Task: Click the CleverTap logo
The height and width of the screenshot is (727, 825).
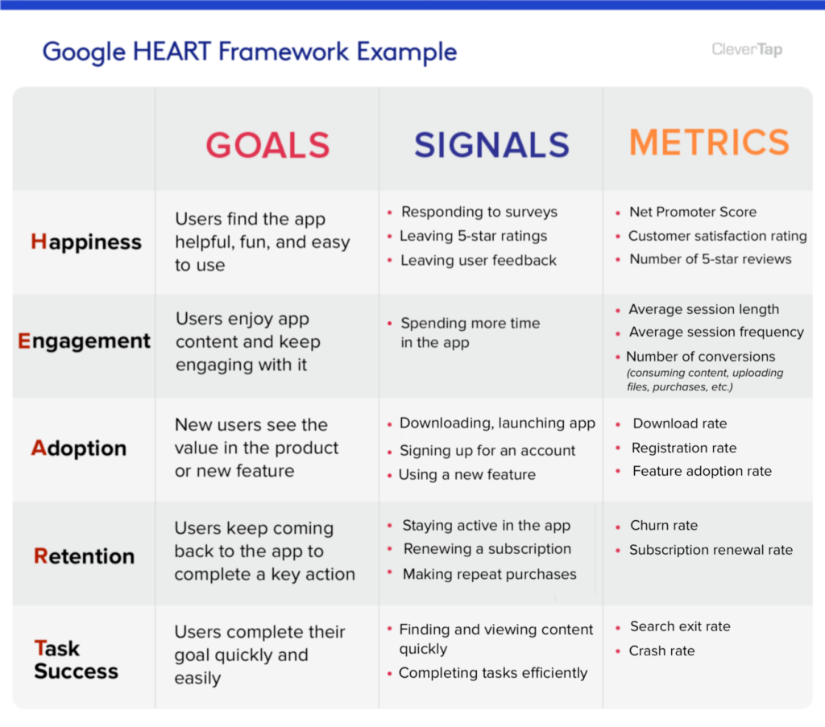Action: click(746, 50)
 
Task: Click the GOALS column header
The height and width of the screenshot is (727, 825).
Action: click(267, 146)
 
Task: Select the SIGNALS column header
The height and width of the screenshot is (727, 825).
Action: click(491, 146)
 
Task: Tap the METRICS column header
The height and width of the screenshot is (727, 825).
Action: click(709, 143)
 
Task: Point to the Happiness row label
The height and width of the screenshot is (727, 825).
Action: click(86, 242)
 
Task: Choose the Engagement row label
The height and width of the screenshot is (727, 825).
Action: click(85, 341)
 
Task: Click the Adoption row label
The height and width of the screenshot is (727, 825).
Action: click(79, 448)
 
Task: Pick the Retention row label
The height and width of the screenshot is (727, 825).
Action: click(84, 556)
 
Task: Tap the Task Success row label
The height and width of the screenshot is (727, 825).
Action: click(76, 660)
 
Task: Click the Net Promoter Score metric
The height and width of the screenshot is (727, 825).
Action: click(693, 213)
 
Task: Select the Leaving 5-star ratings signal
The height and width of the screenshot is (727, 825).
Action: click(473, 236)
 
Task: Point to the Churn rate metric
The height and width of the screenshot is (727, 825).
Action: click(664, 526)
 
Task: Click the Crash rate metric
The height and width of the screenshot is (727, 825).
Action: click(661, 651)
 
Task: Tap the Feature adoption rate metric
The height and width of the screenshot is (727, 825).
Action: click(702, 471)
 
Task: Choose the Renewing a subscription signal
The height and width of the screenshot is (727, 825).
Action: click(487, 549)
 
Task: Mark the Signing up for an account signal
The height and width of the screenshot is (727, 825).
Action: click(487, 451)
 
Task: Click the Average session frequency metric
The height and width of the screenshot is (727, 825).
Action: click(715, 332)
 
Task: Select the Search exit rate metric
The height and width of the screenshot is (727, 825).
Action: click(680, 626)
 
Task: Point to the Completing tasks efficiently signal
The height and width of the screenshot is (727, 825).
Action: click(493, 673)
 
